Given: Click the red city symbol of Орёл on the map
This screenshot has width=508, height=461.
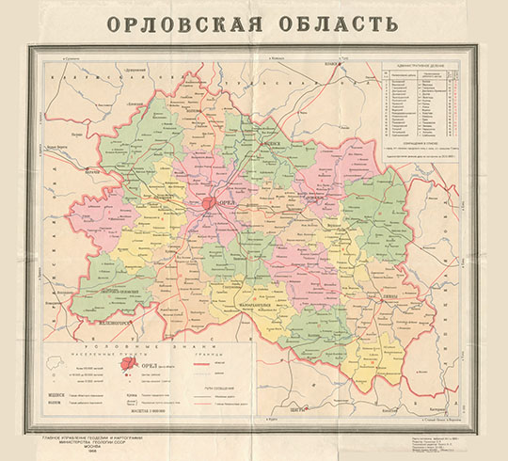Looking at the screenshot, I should click(x=206, y=201).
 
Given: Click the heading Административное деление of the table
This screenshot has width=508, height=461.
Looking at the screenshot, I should click(x=423, y=67).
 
